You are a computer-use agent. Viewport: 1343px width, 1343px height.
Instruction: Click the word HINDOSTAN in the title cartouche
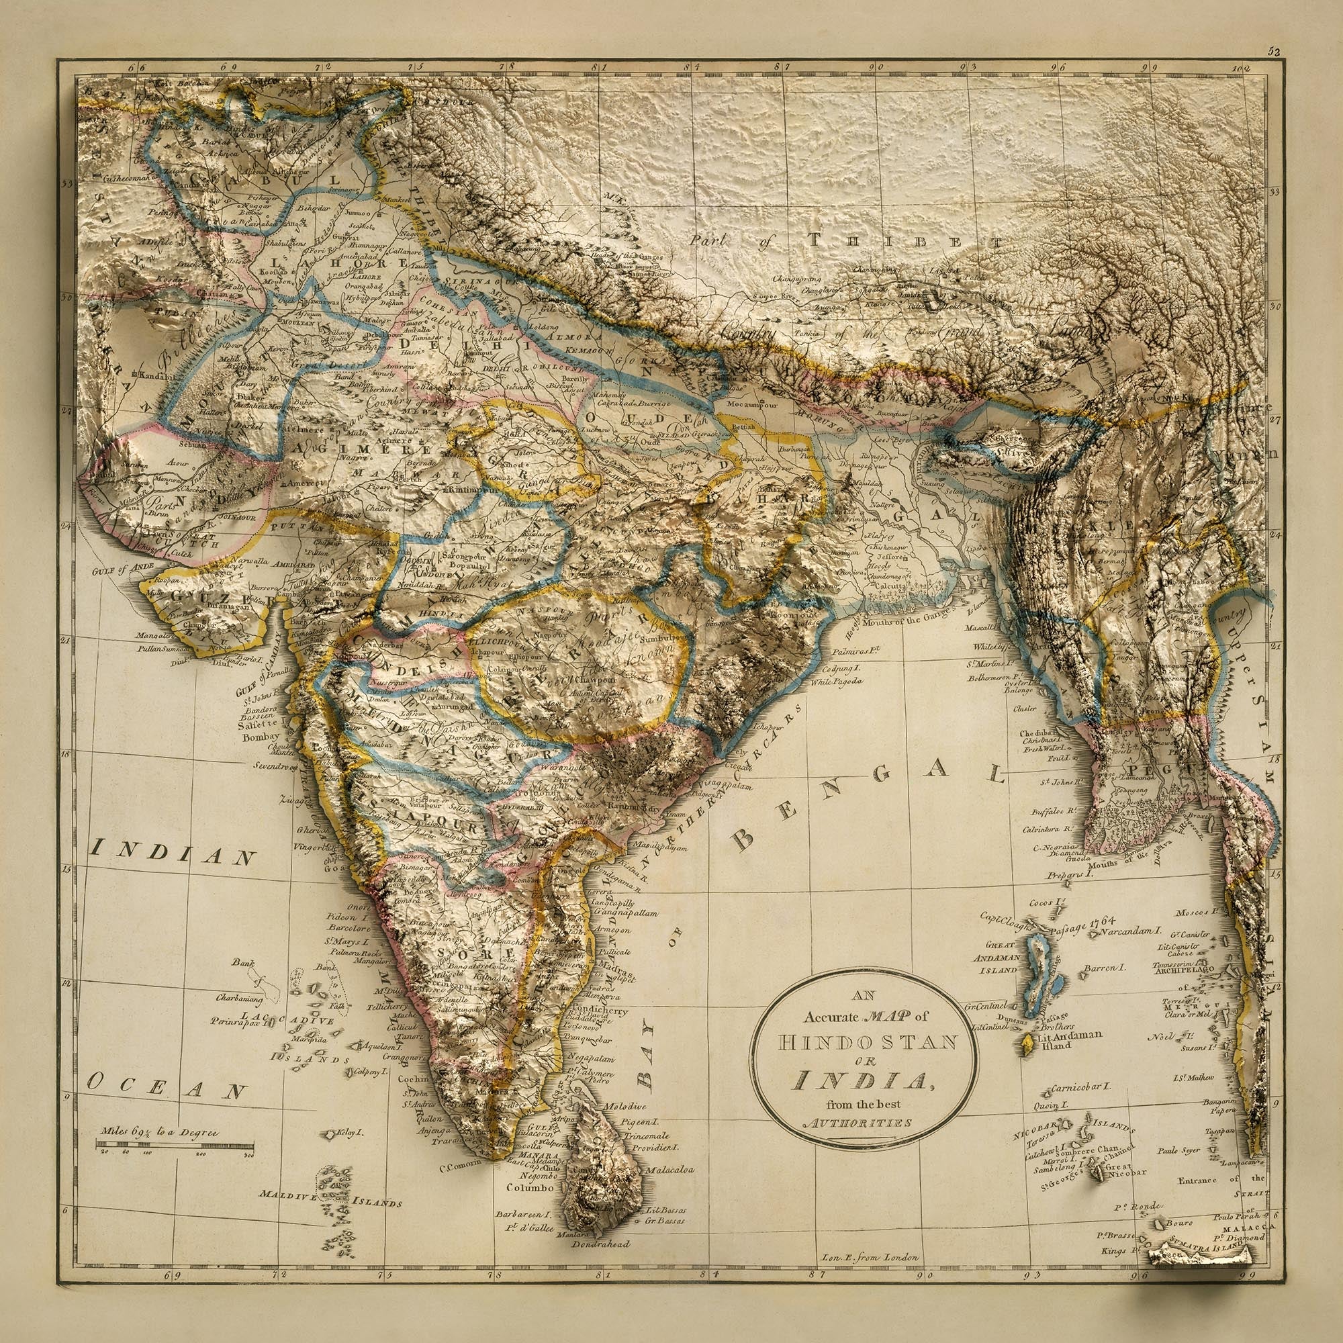pos(867,1043)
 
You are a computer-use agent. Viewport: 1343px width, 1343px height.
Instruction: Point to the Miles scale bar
pos(174,1144)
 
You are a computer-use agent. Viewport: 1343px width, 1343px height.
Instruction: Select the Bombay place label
pos(261,737)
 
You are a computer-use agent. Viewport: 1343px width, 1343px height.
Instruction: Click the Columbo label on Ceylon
pos(530,1187)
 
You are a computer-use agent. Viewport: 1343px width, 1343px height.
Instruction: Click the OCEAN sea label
pos(167,1086)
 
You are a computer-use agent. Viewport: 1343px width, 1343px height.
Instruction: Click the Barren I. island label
pos(1105,967)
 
